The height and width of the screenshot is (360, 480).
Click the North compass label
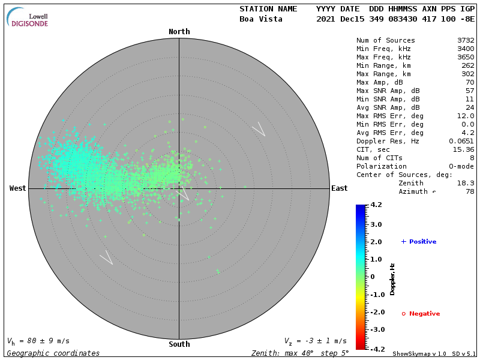(179, 32)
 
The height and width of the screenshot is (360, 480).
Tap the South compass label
(179, 344)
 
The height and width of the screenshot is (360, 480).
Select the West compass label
(17, 188)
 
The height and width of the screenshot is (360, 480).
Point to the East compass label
(339, 188)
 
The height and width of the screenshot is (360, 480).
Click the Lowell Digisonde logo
(28, 18)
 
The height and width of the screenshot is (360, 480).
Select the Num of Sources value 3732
(466, 41)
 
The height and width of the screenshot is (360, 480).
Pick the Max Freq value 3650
(466, 58)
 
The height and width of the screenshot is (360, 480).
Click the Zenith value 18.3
(466, 183)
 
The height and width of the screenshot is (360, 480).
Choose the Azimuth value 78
(470, 191)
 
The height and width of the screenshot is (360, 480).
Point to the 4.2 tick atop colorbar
(376, 205)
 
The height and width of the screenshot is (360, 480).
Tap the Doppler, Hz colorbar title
(392, 278)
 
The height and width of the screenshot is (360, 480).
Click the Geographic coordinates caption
(53, 353)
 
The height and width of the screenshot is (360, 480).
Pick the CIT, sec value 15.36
(463, 149)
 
